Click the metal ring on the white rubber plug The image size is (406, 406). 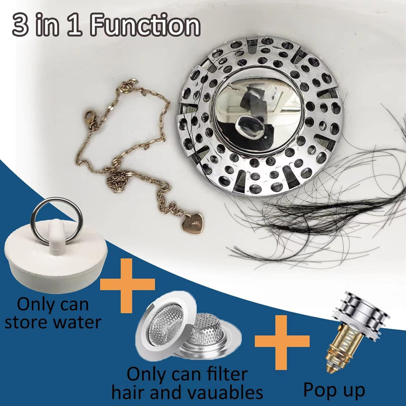[x=57, y=220]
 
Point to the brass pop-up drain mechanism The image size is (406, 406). [x=345, y=349]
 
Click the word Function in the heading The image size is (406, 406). [x=145, y=26]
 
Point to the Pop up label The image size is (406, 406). [x=334, y=390]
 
